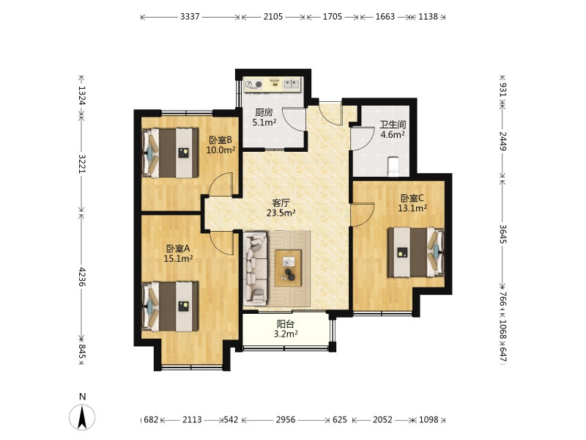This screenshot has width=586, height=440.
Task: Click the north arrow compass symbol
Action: click(x=82, y=417)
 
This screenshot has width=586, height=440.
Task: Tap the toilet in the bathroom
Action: click(x=393, y=166)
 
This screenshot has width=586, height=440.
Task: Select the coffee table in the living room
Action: click(x=288, y=268)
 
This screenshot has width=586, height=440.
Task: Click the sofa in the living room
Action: click(x=256, y=268)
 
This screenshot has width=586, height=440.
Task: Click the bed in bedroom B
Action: click(x=170, y=153)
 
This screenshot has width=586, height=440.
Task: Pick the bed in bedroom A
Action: click(x=170, y=307)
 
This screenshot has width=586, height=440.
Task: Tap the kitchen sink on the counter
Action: click(x=291, y=84)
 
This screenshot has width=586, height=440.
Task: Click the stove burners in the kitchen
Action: click(x=253, y=85)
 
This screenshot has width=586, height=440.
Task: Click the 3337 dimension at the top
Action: click(x=190, y=16)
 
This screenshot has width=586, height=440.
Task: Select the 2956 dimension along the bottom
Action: click(x=286, y=419)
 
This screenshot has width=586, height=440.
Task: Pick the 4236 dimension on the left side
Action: click(x=82, y=277)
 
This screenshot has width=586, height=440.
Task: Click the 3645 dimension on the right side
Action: click(x=503, y=234)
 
